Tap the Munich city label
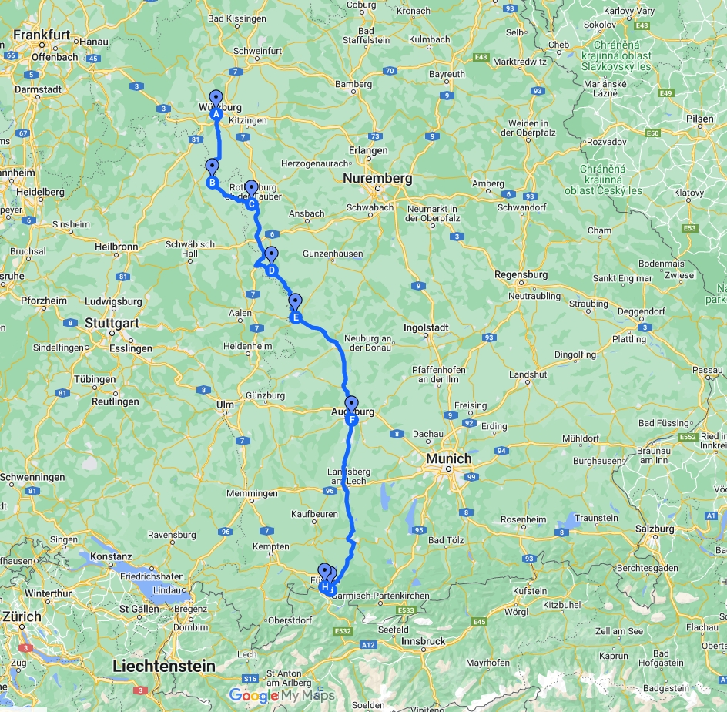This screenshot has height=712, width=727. pyautogui.click(x=449, y=458)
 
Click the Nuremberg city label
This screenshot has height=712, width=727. pyautogui.click(x=377, y=179)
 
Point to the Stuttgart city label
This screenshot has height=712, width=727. pyautogui.click(x=112, y=323)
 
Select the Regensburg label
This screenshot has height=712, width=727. pyautogui.click(x=521, y=274)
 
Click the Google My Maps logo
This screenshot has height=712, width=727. pyautogui.click(x=282, y=695)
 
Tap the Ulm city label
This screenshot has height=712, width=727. pyautogui.click(x=225, y=404)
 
